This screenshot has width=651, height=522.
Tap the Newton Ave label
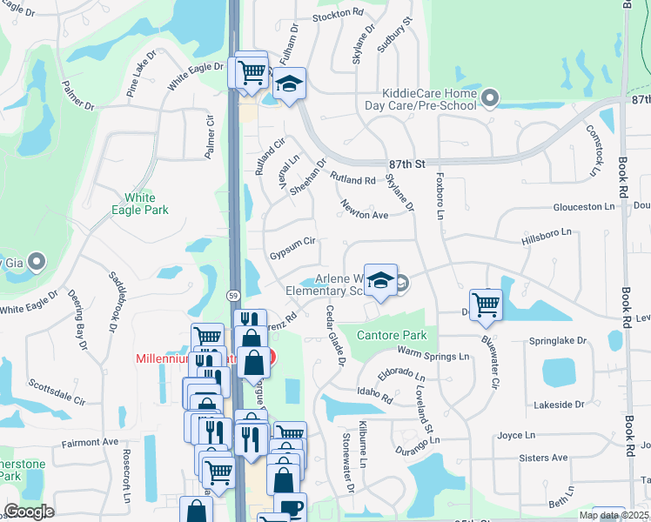click(364, 214)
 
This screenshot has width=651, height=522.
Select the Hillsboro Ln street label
click(547, 233)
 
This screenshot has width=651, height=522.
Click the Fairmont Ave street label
click(90, 443)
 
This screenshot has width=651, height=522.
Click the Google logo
click(29, 512)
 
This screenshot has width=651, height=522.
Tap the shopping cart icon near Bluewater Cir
click(486, 304)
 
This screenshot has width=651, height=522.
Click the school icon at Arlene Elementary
click(379, 279)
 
